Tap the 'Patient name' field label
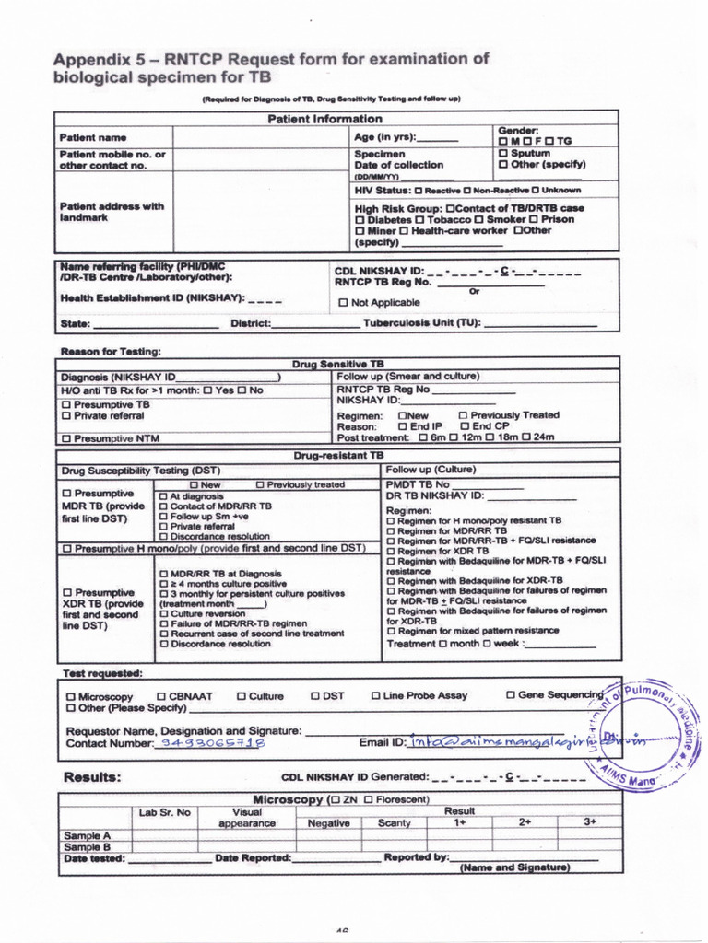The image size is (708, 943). click(93, 137)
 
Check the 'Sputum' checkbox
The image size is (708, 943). click(503, 153)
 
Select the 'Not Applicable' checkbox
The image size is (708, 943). click(344, 303)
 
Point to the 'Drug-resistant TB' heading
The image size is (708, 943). click(338, 455)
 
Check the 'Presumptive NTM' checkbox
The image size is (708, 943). click(65, 439)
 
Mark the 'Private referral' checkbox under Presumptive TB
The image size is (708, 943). click(65, 416)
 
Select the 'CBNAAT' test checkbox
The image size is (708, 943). click(161, 696)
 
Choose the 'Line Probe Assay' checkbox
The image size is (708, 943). click(376, 696)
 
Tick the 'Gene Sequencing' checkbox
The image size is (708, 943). click(511, 695)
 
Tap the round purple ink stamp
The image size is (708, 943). click(644, 734)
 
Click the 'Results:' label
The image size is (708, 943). click(91, 777)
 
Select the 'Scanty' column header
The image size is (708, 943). click(395, 823)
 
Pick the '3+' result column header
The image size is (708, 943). click(590, 821)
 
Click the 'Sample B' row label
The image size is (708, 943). click(87, 846)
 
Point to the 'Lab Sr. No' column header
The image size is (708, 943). click(165, 812)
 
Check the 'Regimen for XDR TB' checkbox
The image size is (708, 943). click(390, 551)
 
